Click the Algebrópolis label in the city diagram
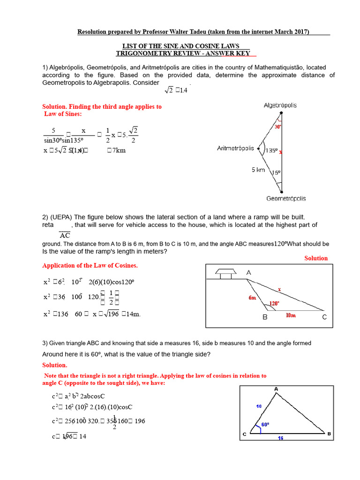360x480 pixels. (x=280, y=105)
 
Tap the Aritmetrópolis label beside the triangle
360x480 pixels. (x=235, y=149)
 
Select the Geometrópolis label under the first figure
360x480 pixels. (x=286, y=198)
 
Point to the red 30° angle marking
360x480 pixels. (x=278, y=127)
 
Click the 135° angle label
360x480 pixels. (x=272, y=151)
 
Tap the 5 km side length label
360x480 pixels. (x=258, y=170)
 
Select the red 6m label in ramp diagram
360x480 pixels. (x=253, y=298)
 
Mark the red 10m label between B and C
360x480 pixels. (x=292, y=315)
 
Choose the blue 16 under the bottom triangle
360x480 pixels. (x=280, y=438)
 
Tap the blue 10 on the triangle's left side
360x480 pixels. (x=259, y=406)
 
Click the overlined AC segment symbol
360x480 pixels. (x=65, y=235)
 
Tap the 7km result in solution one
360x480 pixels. (x=116, y=150)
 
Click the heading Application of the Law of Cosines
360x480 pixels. (x=90, y=266)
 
